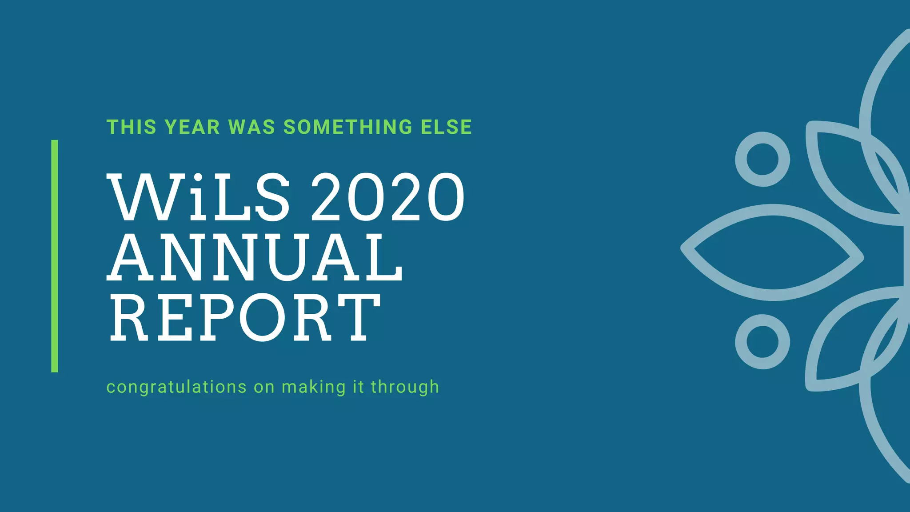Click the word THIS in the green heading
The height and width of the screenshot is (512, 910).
pos(132,127)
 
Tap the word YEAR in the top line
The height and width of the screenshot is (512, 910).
pos(192,127)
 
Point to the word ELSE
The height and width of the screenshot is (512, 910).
pos(446,127)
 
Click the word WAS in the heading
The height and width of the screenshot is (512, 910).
pos(251,127)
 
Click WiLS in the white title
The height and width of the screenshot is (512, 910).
pos(199,198)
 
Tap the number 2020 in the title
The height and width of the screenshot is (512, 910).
pos(387,198)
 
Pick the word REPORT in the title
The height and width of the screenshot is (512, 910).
pos(244,318)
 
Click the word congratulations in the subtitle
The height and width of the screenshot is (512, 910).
pos(176,387)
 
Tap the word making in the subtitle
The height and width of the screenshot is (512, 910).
pos(314,387)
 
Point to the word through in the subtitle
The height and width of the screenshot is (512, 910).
pos(405,387)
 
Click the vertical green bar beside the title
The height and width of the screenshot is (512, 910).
pos(55,256)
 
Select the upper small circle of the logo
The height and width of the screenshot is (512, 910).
pos(762,159)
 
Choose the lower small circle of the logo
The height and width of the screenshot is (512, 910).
pos(762,342)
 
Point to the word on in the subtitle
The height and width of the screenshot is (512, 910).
pos(264,387)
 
